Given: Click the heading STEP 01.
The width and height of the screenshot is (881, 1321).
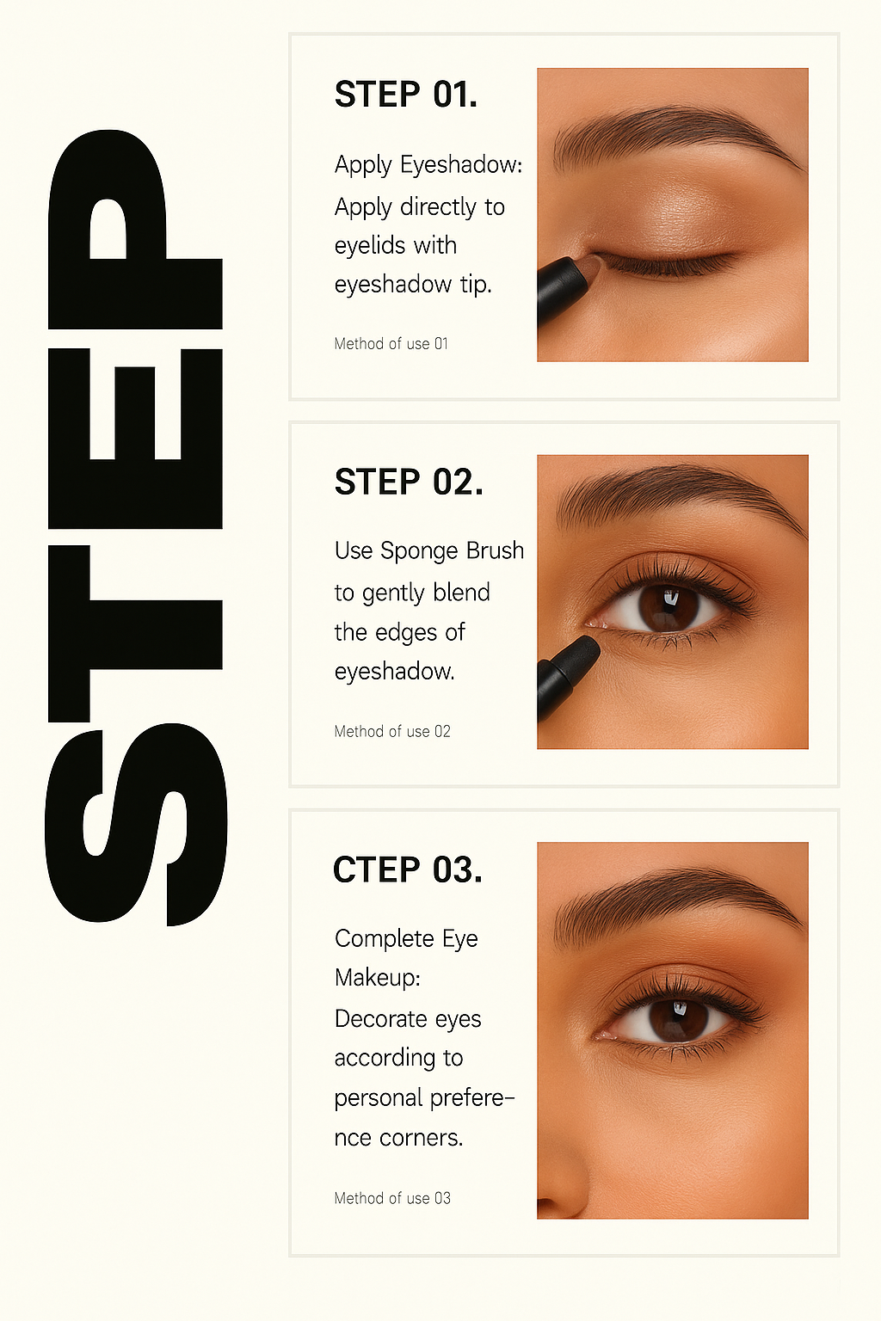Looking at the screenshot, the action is click(405, 95).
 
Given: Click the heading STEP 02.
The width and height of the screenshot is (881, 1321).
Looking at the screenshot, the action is click(409, 482).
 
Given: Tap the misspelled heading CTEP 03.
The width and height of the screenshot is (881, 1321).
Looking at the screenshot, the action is click(408, 869).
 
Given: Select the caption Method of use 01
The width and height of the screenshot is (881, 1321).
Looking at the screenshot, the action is click(391, 344).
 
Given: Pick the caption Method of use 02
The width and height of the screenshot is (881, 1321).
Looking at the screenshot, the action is click(392, 731).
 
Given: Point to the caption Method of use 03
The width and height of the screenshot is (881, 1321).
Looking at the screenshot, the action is click(392, 1198).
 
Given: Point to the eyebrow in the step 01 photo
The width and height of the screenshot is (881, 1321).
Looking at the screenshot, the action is click(679, 134).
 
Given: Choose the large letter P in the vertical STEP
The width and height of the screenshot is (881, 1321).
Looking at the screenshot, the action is click(135, 230).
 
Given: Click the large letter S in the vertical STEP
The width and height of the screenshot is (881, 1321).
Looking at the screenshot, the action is click(136, 824).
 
